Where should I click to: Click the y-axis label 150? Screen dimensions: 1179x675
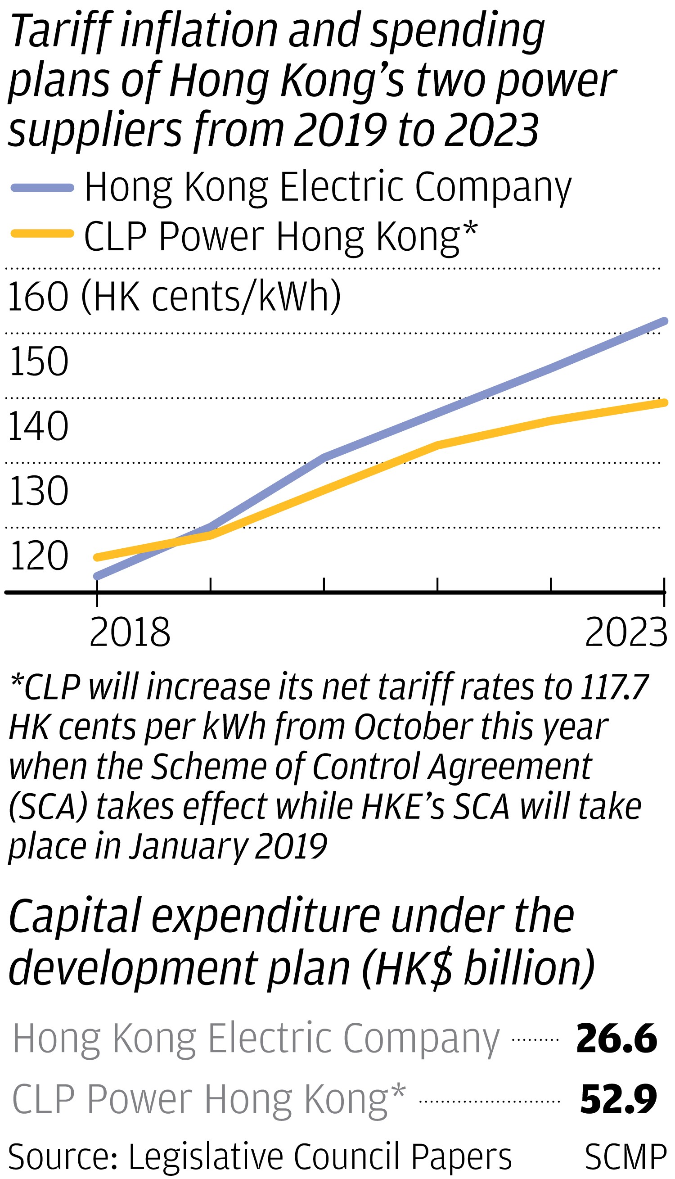pyautogui.click(x=39, y=361)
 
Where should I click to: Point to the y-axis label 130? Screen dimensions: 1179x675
pyautogui.click(x=39, y=491)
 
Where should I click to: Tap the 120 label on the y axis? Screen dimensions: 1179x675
pyautogui.click(x=39, y=556)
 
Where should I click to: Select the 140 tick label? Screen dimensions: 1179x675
pyautogui.click(x=39, y=426)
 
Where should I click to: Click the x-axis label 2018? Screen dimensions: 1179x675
pyautogui.click(x=130, y=632)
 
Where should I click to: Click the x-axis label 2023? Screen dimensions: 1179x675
pyautogui.click(x=626, y=632)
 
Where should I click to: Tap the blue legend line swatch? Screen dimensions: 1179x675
pyautogui.click(x=42, y=188)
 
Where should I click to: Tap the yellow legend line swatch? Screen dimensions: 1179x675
pyautogui.click(x=42, y=234)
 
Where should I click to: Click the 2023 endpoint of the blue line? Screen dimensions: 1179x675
pyautogui.click(x=664, y=321)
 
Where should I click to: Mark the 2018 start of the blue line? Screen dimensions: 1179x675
pyautogui.click(x=97, y=577)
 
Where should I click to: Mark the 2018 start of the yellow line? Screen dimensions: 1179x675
pyautogui.click(x=97, y=557)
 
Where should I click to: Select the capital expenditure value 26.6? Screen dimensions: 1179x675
pyautogui.click(x=616, y=1039)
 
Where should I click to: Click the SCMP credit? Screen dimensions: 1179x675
pyautogui.click(x=625, y=1157)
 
